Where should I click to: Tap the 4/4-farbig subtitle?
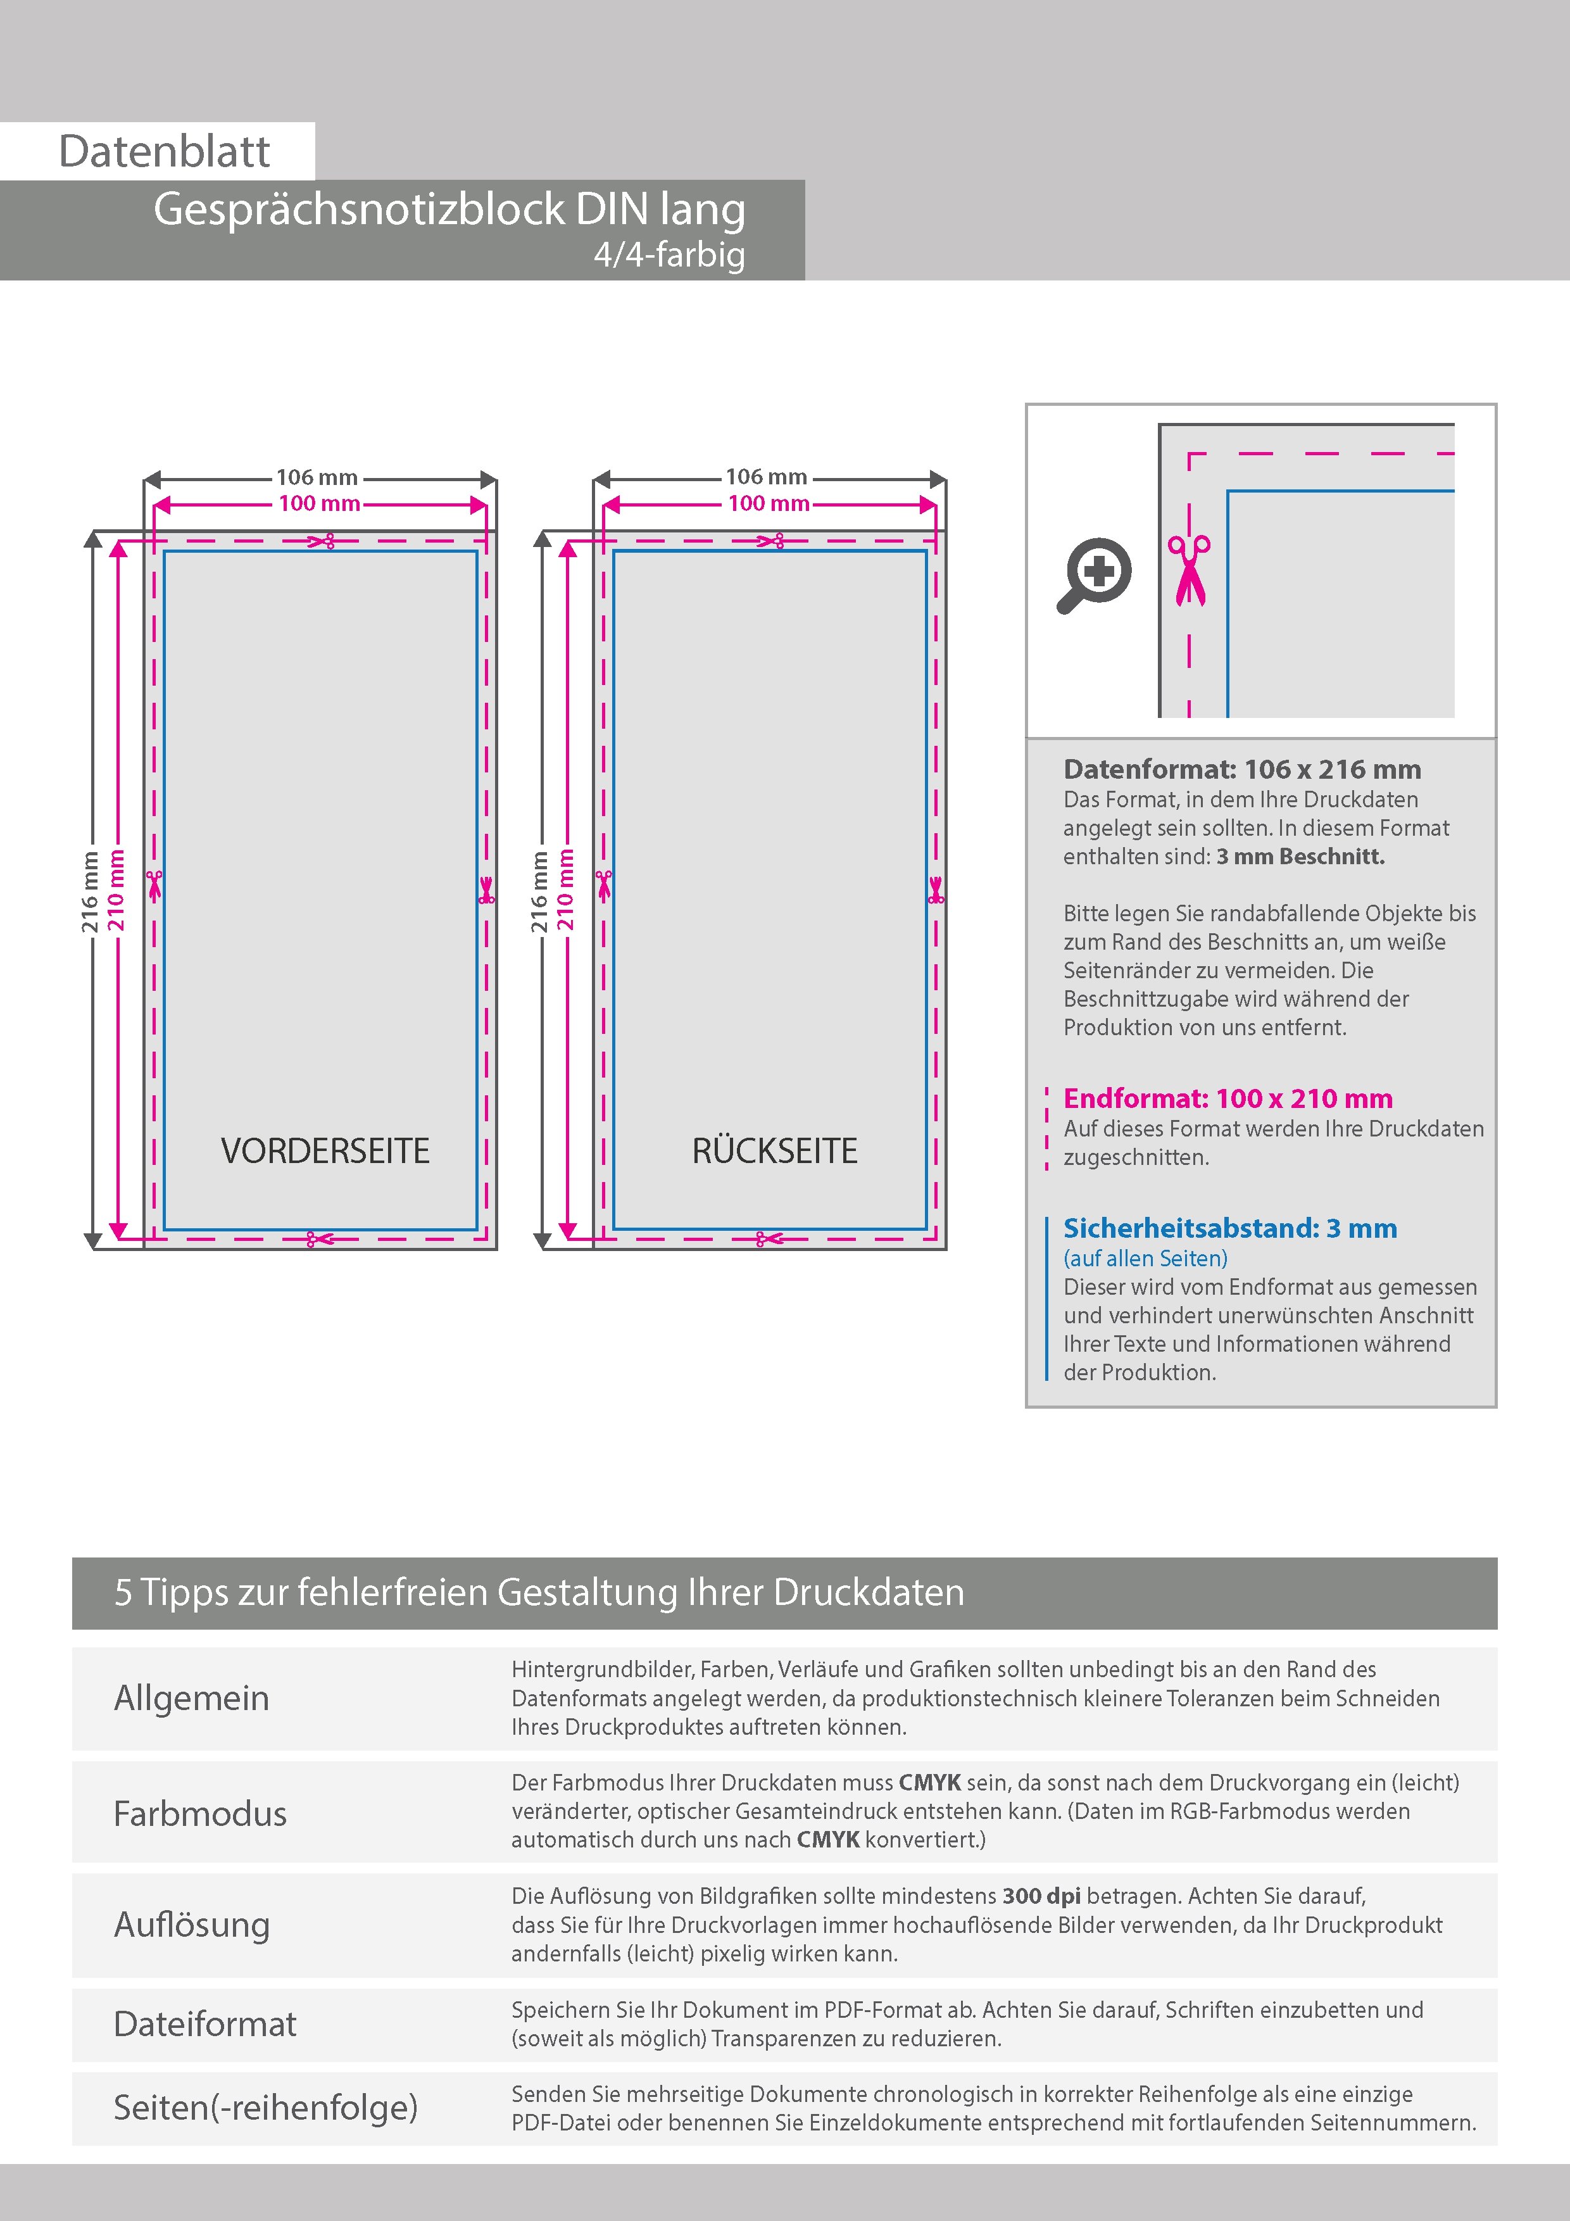coord(669,255)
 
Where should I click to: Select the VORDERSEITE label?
coord(325,1150)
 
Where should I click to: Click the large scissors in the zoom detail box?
coord(1189,570)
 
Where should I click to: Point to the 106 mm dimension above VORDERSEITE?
coord(317,477)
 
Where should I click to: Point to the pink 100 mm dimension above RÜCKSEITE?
coord(768,503)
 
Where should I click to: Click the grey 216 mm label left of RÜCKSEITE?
coord(539,892)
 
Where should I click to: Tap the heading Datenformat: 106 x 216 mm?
coord(1242,769)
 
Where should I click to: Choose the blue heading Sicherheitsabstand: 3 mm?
coord(1229,1228)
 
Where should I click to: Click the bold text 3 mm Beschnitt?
coord(1300,856)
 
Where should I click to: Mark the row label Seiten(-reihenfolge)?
coord(265,2107)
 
